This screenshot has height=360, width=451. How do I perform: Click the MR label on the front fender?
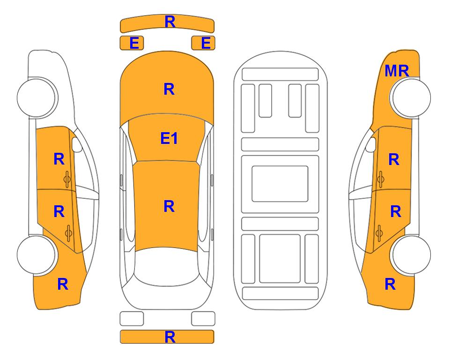pos(397,71)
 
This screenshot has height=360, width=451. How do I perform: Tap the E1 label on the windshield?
pos(169,138)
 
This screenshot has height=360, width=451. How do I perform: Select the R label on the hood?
pos(169,89)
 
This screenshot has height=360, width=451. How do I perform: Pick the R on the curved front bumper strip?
pos(170,22)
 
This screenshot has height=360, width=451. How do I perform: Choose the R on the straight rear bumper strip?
pos(170,337)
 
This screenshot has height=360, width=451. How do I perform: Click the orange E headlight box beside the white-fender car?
pos(132,43)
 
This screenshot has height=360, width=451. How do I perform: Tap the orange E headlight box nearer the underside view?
pos(203,43)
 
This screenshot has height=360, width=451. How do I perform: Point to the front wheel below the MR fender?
pos(410,97)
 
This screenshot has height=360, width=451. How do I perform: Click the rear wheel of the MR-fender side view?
pos(410,255)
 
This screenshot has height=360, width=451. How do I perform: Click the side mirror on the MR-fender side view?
pos(370,144)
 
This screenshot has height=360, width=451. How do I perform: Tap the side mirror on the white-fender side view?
pos(77,144)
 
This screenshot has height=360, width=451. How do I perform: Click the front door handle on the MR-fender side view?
pos(380,179)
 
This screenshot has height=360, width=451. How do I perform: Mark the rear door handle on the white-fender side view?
pos(68,233)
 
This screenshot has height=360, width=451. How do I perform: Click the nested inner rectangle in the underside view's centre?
pos(280,184)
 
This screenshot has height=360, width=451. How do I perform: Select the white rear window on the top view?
pos(166,266)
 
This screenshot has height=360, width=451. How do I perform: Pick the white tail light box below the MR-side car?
pos(203,319)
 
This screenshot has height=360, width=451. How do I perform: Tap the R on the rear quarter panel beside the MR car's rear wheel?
pos(390,284)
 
